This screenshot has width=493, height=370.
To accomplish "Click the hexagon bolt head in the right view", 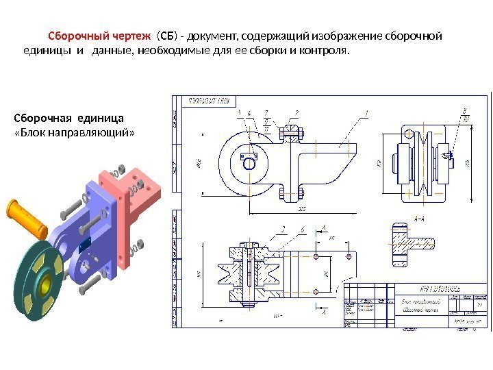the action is (x=409, y=134).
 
